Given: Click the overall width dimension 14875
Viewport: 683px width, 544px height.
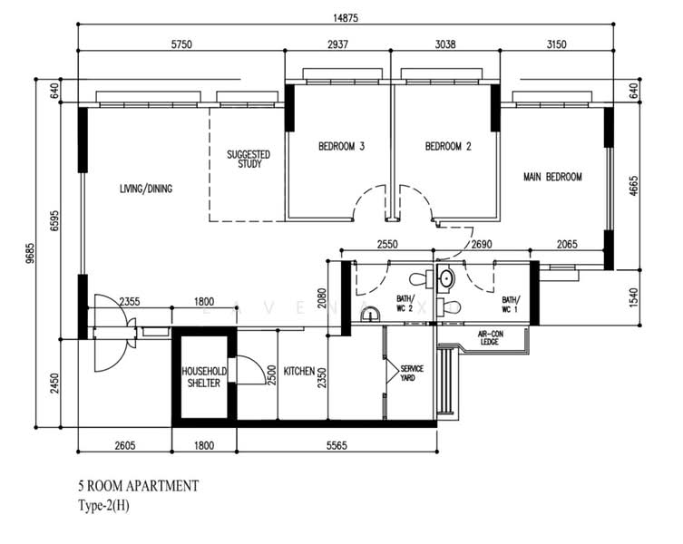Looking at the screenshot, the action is pyautogui.click(x=346, y=18).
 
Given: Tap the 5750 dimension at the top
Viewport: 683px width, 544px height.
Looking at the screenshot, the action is pyautogui.click(x=181, y=44).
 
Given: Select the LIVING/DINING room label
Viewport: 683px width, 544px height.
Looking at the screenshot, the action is pyautogui.click(x=146, y=189).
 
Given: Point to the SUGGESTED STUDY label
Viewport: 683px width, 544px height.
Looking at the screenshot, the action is pyautogui.click(x=249, y=160).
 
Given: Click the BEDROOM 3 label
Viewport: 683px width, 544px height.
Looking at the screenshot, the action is pyautogui.click(x=341, y=146).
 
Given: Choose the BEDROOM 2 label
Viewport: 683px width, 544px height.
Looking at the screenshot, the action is pyautogui.click(x=448, y=146).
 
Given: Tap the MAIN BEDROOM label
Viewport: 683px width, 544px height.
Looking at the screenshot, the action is pyautogui.click(x=552, y=177).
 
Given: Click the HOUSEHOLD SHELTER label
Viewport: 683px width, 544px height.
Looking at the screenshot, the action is pyautogui.click(x=204, y=377).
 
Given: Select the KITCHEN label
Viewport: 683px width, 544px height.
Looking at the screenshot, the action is pyautogui.click(x=299, y=371).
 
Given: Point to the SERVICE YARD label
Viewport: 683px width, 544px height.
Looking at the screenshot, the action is pyautogui.click(x=412, y=374).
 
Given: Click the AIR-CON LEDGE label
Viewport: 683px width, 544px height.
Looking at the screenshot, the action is pyautogui.click(x=490, y=338).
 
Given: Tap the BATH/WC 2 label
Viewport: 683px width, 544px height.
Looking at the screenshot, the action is pyautogui.click(x=405, y=304).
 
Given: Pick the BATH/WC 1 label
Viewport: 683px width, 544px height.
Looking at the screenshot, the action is pyautogui.click(x=510, y=305).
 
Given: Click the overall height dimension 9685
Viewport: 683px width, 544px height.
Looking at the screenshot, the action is pyautogui.click(x=30, y=253).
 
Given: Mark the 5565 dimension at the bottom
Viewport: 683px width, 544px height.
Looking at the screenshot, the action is pyautogui.click(x=337, y=445).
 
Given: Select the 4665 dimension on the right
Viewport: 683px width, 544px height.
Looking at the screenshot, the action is pyautogui.click(x=633, y=186).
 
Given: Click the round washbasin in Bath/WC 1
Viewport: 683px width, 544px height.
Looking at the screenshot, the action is pyautogui.click(x=445, y=277).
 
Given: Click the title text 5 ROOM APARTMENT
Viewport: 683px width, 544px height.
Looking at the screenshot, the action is pyautogui.click(x=139, y=486).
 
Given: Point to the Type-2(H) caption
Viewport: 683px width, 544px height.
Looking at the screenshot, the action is pyautogui.click(x=103, y=506).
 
